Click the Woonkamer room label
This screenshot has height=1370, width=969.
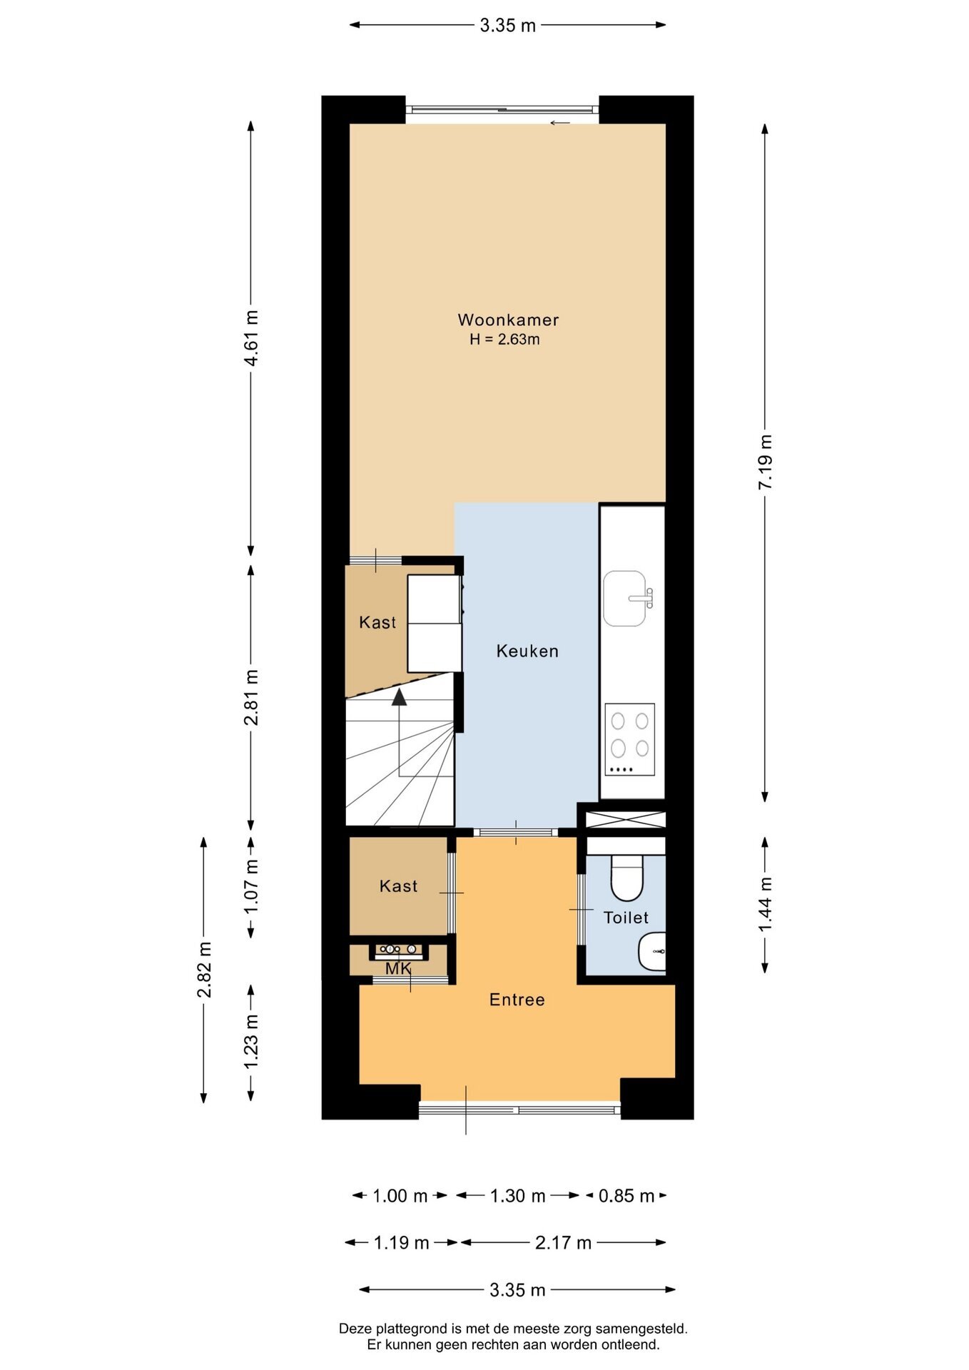click(508, 320)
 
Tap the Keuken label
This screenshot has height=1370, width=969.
click(527, 651)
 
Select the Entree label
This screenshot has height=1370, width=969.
click(517, 1000)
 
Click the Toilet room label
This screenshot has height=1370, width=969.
click(626, 918)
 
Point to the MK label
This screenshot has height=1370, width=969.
click(398, 968)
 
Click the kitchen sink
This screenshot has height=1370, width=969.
click(628, 598)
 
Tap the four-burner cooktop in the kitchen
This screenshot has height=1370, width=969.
click(630, 739)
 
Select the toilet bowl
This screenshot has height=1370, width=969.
click(627, 878)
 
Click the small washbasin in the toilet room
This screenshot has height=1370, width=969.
click(652, 951)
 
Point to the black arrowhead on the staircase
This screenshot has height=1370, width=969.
click(399, 697)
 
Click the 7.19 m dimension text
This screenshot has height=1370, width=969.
click(765, 462)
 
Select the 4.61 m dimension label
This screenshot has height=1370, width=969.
click(250, 338)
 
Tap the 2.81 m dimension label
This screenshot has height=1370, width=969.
click(250, 697)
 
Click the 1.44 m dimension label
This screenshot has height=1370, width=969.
click(765, 904)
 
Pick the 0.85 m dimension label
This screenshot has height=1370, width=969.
click(626, 1196)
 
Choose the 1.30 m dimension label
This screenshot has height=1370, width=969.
click(517, 1196)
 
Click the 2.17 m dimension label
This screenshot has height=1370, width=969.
click(564, 1243)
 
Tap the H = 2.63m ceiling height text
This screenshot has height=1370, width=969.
click(504, 340)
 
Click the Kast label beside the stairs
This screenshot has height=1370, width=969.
click(377, 622)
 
